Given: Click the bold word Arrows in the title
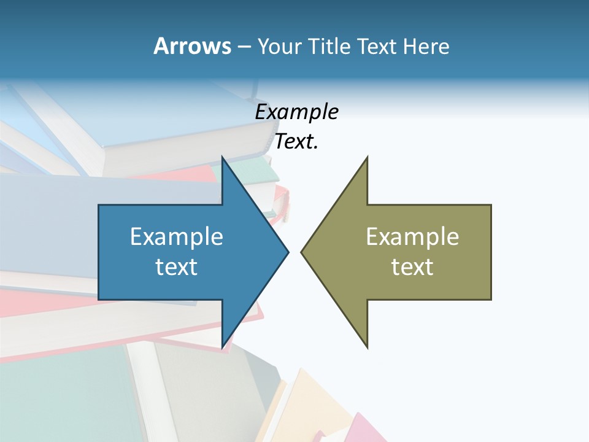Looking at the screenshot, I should coord(192,46).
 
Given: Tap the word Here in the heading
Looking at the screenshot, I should coord(426,46).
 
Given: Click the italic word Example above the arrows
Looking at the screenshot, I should coord(297,112).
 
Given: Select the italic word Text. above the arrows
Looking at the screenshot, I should coord(297,142).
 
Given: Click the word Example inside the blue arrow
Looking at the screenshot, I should coord(177,236).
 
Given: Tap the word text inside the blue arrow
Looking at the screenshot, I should coord(177,266).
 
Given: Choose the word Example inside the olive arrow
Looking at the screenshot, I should coord(412,236).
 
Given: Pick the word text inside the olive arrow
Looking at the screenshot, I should coord(412,266).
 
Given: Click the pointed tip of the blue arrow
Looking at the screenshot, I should coord(287,252).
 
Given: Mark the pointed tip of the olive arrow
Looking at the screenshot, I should coord(302,252).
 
